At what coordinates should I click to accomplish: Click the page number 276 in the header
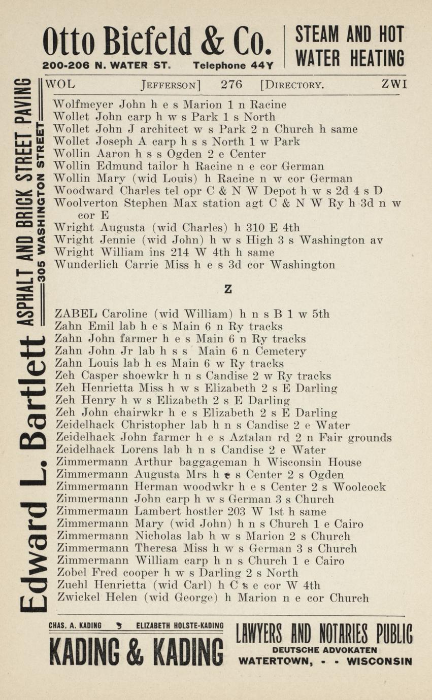click(231, 84)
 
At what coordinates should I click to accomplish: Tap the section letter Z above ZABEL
click(228, 289)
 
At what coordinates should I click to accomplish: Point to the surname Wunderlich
click(85, 265)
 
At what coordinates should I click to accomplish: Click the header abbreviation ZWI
click(394, 84)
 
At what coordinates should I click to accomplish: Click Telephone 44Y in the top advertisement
click(233, 66)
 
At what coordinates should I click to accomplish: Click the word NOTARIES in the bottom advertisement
click(346, 634)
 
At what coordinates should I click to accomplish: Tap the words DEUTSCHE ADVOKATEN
click(325, 650)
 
